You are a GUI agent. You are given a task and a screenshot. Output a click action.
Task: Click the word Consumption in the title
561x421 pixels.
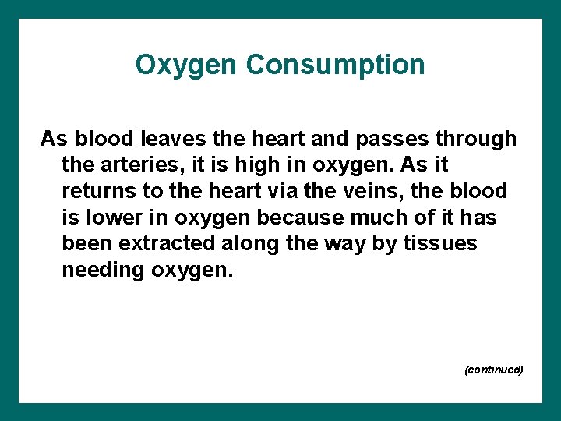[x=336, y=65]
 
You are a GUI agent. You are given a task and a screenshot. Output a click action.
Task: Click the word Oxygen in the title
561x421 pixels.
[x=187, y=65]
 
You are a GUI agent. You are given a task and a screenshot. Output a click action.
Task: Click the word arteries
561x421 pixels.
[x=133, y=165]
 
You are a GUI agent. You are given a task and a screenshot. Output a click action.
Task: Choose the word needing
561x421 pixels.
[x=97, y=270]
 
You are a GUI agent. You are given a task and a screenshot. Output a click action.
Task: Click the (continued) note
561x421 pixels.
[x=493, y=370]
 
